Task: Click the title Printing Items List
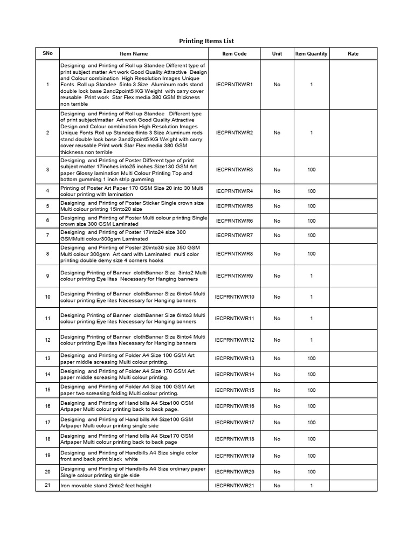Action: [206, 41]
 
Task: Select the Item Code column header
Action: [234, 54]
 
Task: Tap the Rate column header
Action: [353, 54]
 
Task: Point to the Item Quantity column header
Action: [311, 54]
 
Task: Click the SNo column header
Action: [47, 54]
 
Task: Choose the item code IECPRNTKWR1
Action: [234, 85]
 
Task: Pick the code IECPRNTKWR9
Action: [234, 276]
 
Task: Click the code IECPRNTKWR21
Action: [234, 486]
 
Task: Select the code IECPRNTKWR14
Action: [234, 374]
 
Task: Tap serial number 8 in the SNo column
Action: [47, 253]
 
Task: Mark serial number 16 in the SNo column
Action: [47, 406]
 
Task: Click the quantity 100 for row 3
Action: [312, 170]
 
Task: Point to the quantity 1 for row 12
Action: [312, 340]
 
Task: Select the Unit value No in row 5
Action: [277, 206]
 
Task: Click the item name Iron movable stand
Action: [106, 486]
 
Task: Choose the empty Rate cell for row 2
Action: [353, 133]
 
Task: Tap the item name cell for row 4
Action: [134, 191]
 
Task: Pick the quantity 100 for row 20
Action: [312, 472]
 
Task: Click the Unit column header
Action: [277, 54]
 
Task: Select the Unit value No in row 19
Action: [277, 456]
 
